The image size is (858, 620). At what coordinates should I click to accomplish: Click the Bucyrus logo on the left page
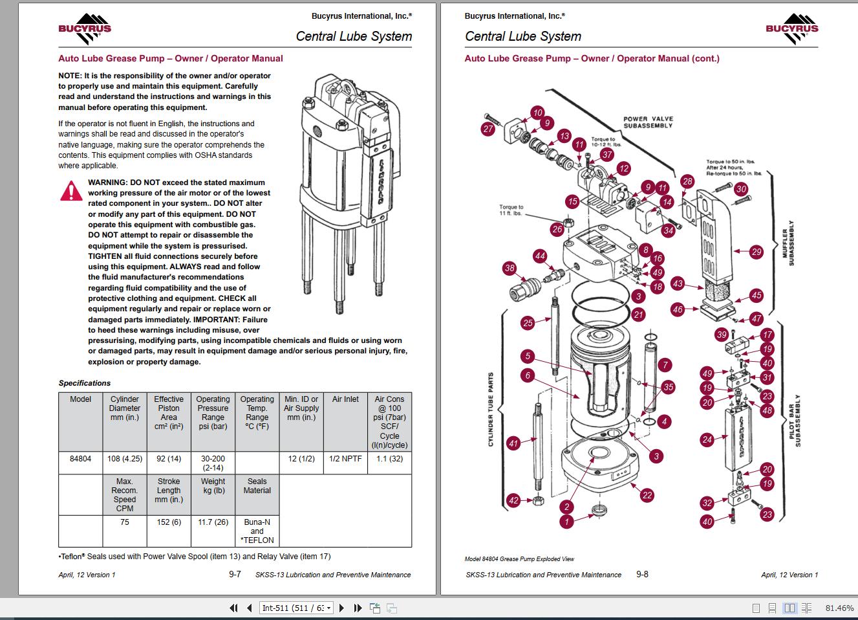(85, 29)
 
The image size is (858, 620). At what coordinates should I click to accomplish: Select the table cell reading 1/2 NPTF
(345, 459)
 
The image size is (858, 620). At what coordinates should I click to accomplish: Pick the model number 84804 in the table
(80, 459)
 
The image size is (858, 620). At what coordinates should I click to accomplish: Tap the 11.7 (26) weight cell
(213, 522)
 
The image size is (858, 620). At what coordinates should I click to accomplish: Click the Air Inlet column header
(345, 399)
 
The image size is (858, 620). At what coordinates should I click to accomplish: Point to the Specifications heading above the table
(85, 383)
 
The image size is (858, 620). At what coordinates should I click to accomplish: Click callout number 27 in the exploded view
(488, 129)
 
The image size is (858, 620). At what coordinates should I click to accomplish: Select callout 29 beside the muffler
(756, 252)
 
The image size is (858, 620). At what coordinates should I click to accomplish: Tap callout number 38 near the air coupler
(509, 269)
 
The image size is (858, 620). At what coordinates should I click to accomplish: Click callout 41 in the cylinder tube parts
(513, 443)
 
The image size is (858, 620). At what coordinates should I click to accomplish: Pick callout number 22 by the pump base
(647, 495)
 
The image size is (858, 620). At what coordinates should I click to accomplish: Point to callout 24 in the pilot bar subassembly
(707, 440)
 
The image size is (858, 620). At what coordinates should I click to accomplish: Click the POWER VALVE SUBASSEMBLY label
(648, 122)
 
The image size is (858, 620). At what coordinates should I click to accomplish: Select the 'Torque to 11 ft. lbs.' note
(511, 210)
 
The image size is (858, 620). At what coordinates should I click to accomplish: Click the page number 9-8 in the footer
(642, 574)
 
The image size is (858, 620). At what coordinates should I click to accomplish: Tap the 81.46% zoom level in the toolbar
(839, 608)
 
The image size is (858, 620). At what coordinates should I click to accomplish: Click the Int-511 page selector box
(297, 608)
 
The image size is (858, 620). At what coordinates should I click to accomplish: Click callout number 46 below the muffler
(678, 309)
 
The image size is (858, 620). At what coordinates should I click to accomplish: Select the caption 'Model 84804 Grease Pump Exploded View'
(519, 559)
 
